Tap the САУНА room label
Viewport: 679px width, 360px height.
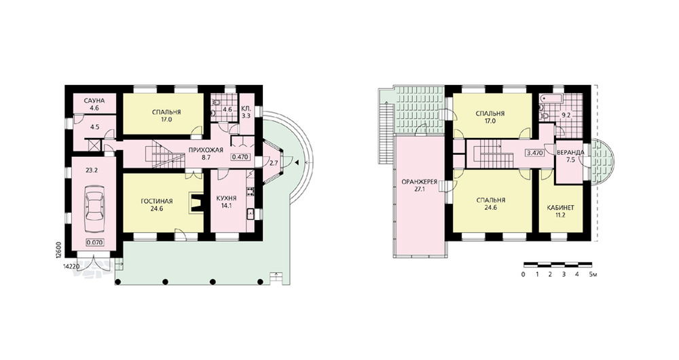94,101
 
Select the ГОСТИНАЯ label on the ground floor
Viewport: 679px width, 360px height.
157,201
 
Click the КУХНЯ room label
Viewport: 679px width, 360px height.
226,199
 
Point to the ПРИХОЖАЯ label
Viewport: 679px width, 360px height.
206,150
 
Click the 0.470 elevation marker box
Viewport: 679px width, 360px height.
240,157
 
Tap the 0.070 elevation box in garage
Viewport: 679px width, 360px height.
94,242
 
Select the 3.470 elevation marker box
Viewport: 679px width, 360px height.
534,153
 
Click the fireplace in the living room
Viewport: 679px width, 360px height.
196,202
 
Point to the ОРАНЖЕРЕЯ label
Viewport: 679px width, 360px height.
420,182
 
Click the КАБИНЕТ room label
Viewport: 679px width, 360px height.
561,208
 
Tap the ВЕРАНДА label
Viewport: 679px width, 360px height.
570,153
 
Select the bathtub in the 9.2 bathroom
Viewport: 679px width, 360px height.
550,99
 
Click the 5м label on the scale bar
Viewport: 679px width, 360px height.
593,274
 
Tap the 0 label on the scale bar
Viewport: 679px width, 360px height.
524,274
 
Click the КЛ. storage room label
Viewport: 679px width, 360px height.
246,109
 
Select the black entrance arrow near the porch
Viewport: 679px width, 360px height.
297,163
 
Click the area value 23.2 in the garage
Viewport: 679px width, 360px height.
92,170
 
